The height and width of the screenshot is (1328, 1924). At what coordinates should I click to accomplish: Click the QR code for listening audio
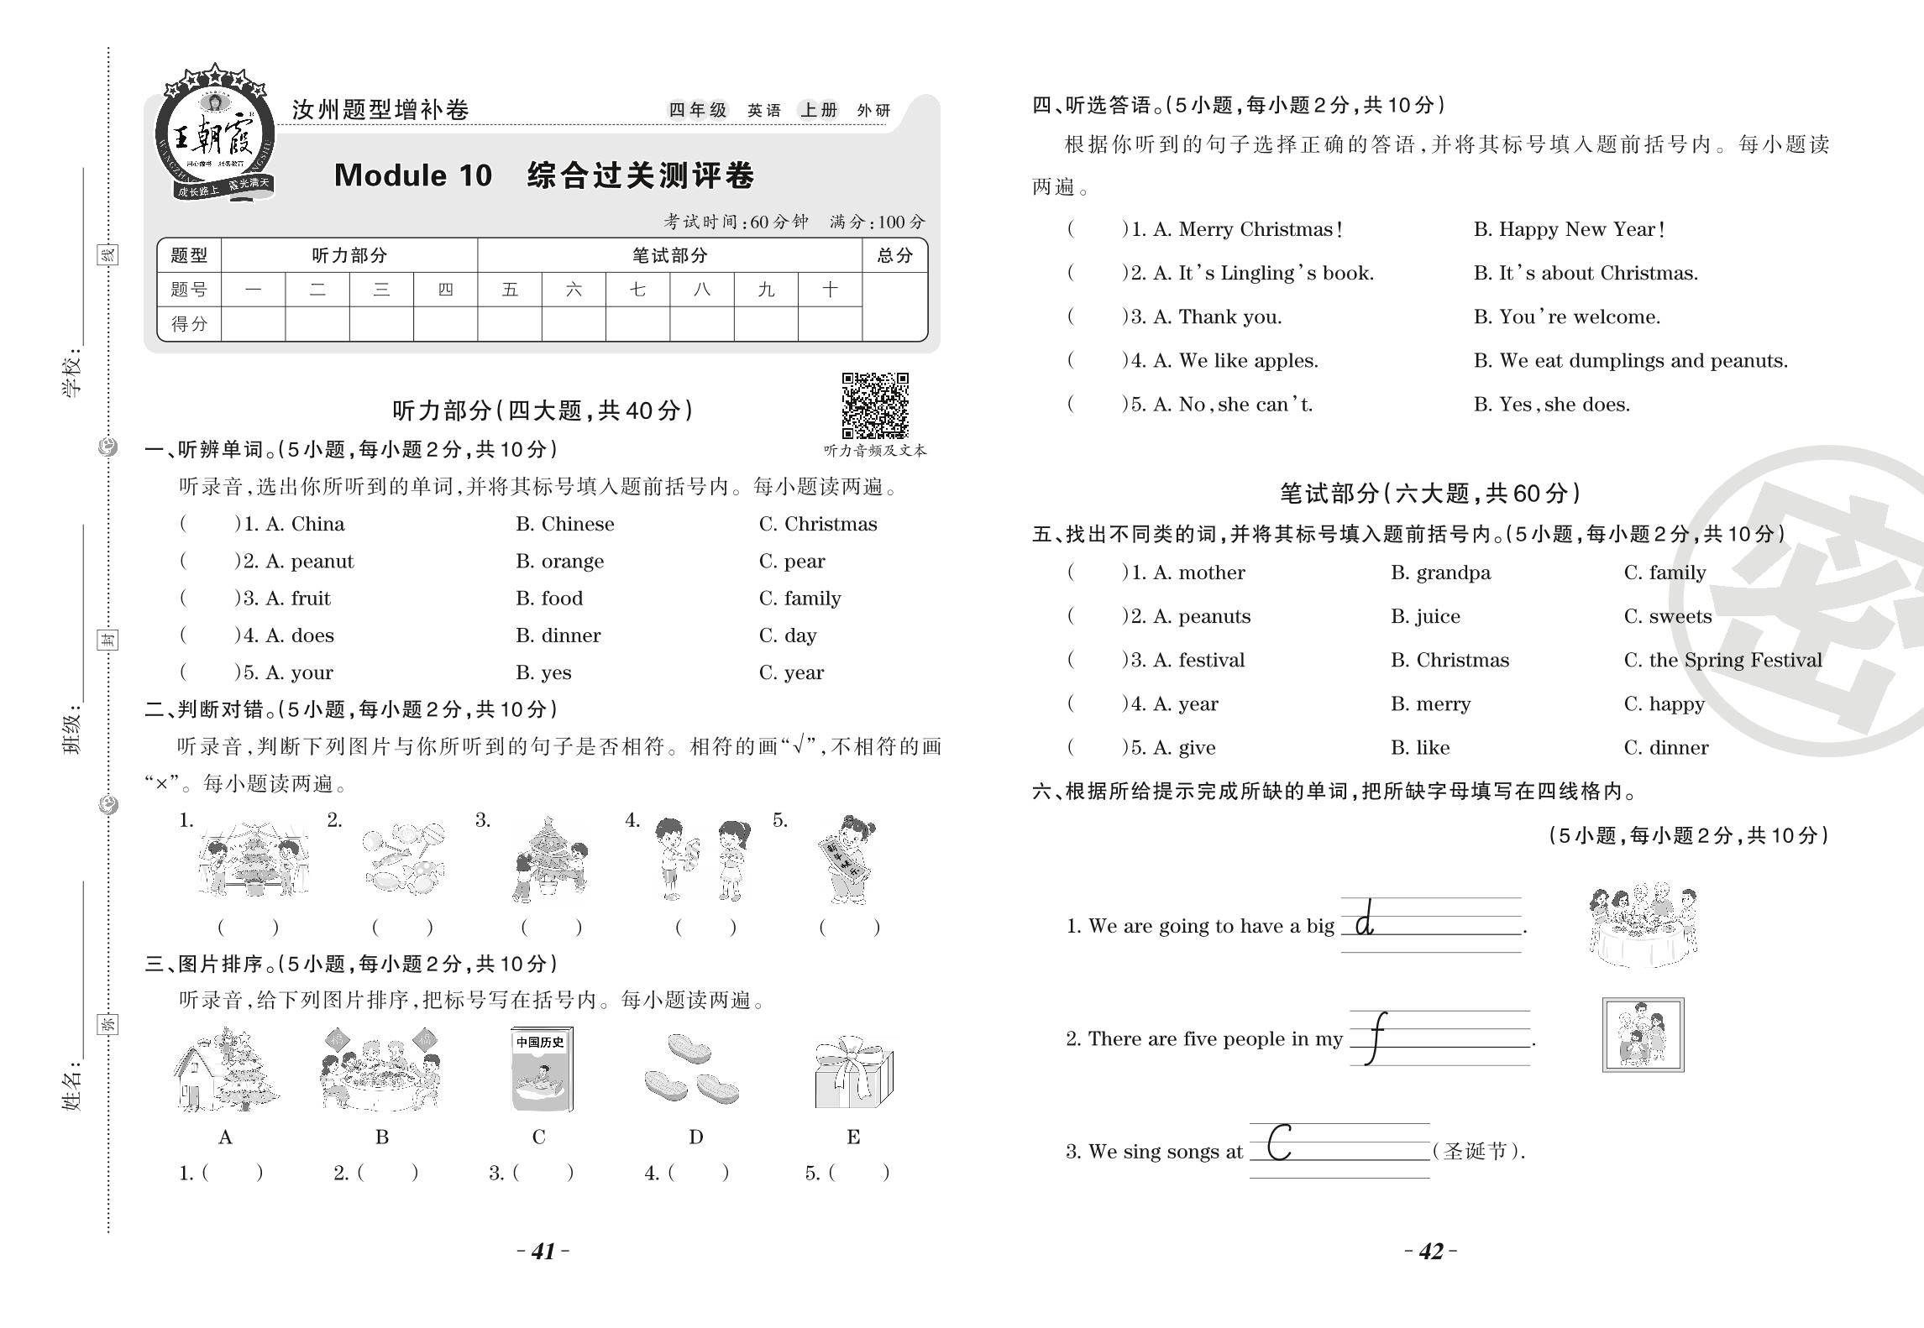coord(875,405)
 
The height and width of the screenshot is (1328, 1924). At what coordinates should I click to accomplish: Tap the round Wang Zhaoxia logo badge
coord(215,134)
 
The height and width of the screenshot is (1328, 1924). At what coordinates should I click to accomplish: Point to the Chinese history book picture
coord(541,1070)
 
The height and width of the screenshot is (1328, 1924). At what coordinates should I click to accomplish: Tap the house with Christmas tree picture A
coord(225,1070)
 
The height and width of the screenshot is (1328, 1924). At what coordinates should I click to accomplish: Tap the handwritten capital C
coord(1279,1142)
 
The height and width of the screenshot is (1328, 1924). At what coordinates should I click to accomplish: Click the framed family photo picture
coord(1643,1035)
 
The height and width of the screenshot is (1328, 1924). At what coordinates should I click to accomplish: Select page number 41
coord(543,1252)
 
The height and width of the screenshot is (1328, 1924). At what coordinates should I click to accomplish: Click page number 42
coord(1430,1252)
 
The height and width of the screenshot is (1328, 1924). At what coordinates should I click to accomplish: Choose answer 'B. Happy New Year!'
coord(1569,229)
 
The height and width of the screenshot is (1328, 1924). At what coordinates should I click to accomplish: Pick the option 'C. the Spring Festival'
coord(1722,660)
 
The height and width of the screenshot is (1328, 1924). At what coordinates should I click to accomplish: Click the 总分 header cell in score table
coord(894,255)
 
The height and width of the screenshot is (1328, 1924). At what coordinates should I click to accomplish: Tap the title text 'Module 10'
coord(412,175)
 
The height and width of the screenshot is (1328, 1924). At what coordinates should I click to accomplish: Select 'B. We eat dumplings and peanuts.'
coord(1630,361)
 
